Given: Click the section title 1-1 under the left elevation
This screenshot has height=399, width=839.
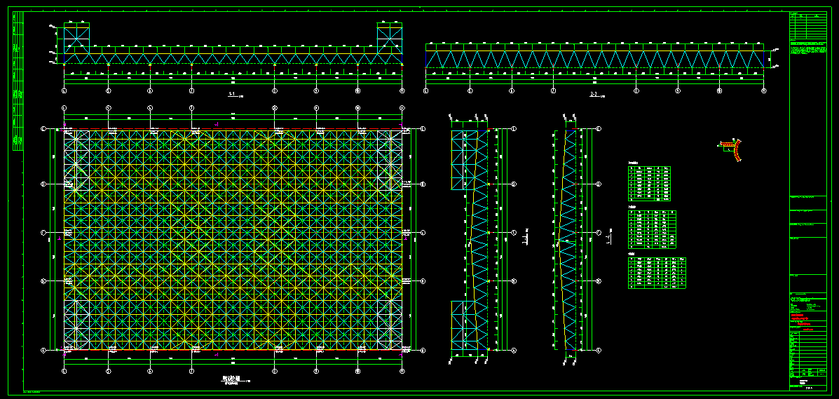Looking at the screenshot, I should [232, 94].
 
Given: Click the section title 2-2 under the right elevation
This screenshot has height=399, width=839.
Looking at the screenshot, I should [594, 94].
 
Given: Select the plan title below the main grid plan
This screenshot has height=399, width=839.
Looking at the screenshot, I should [231, 379].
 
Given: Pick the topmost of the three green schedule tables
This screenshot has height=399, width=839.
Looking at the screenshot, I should [649, 183].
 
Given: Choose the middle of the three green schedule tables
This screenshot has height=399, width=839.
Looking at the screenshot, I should [652, 230].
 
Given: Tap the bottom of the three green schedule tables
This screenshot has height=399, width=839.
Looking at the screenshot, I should [657, 273].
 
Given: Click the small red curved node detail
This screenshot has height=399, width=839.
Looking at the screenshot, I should [734, 149].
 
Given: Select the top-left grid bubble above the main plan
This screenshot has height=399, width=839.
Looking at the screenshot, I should [64, 108].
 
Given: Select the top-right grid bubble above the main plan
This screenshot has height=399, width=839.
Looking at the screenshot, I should [402, 108].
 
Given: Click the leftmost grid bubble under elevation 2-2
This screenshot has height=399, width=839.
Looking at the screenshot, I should [426, 90].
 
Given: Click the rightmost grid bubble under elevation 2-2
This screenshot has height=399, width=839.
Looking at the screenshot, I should [763, 90].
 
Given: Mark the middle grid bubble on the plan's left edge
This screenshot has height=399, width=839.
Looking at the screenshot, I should [43, 232].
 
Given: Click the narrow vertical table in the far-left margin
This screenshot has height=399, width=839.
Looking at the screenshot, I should [16, 81].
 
